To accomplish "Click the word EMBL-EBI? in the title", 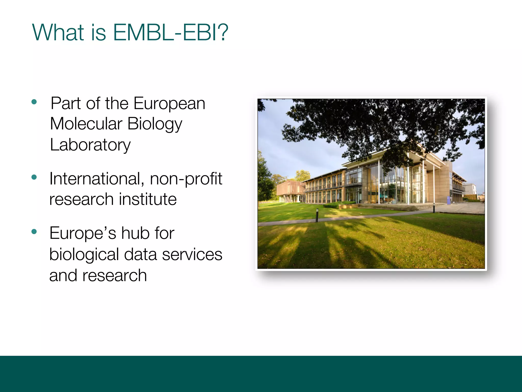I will (x=170, y=33).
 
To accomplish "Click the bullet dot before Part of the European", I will (x=34, y=102).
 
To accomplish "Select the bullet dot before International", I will (x=34, y=177).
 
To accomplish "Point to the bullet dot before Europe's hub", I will (x=34, y=232).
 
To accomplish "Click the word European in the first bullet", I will (x=169, y=104).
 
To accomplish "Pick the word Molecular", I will (x=86, y=124).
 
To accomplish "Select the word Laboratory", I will (x=90, y=145).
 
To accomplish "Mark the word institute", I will (x=148, y=199).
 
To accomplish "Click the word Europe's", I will (x=83, y=234).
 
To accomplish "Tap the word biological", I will (x=84, y=255).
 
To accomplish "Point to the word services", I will (x=192, y=255).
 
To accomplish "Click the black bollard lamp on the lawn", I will (x=317, y=215).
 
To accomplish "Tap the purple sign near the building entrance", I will (x=449, y=200).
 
